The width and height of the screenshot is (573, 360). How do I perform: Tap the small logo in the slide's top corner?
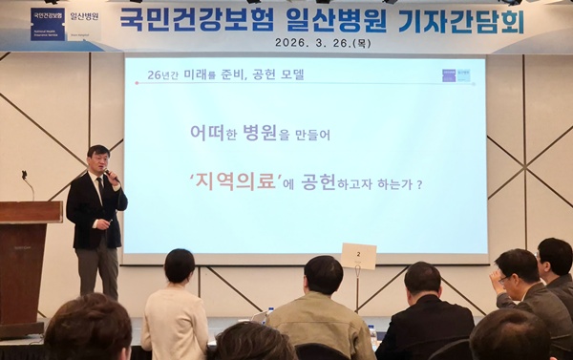point(456,74)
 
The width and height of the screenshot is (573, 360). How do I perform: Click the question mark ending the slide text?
point(418,183)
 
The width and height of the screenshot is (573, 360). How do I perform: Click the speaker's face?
point(96,160)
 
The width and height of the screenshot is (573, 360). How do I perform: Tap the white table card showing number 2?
point(358,256)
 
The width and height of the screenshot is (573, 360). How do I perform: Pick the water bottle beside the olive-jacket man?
point(371,335)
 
